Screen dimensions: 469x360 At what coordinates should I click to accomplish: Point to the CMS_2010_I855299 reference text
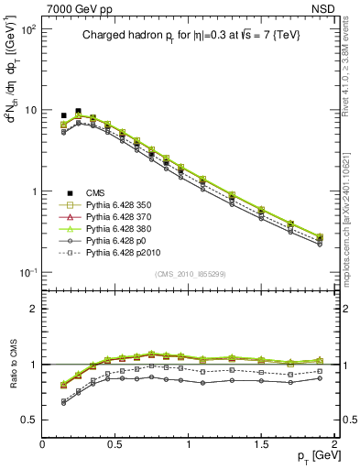(x=190, y=274)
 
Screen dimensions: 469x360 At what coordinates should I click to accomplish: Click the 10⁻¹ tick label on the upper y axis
(x=27, y=273)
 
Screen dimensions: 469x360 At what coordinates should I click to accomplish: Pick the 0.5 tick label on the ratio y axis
(x=30, y=420)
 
